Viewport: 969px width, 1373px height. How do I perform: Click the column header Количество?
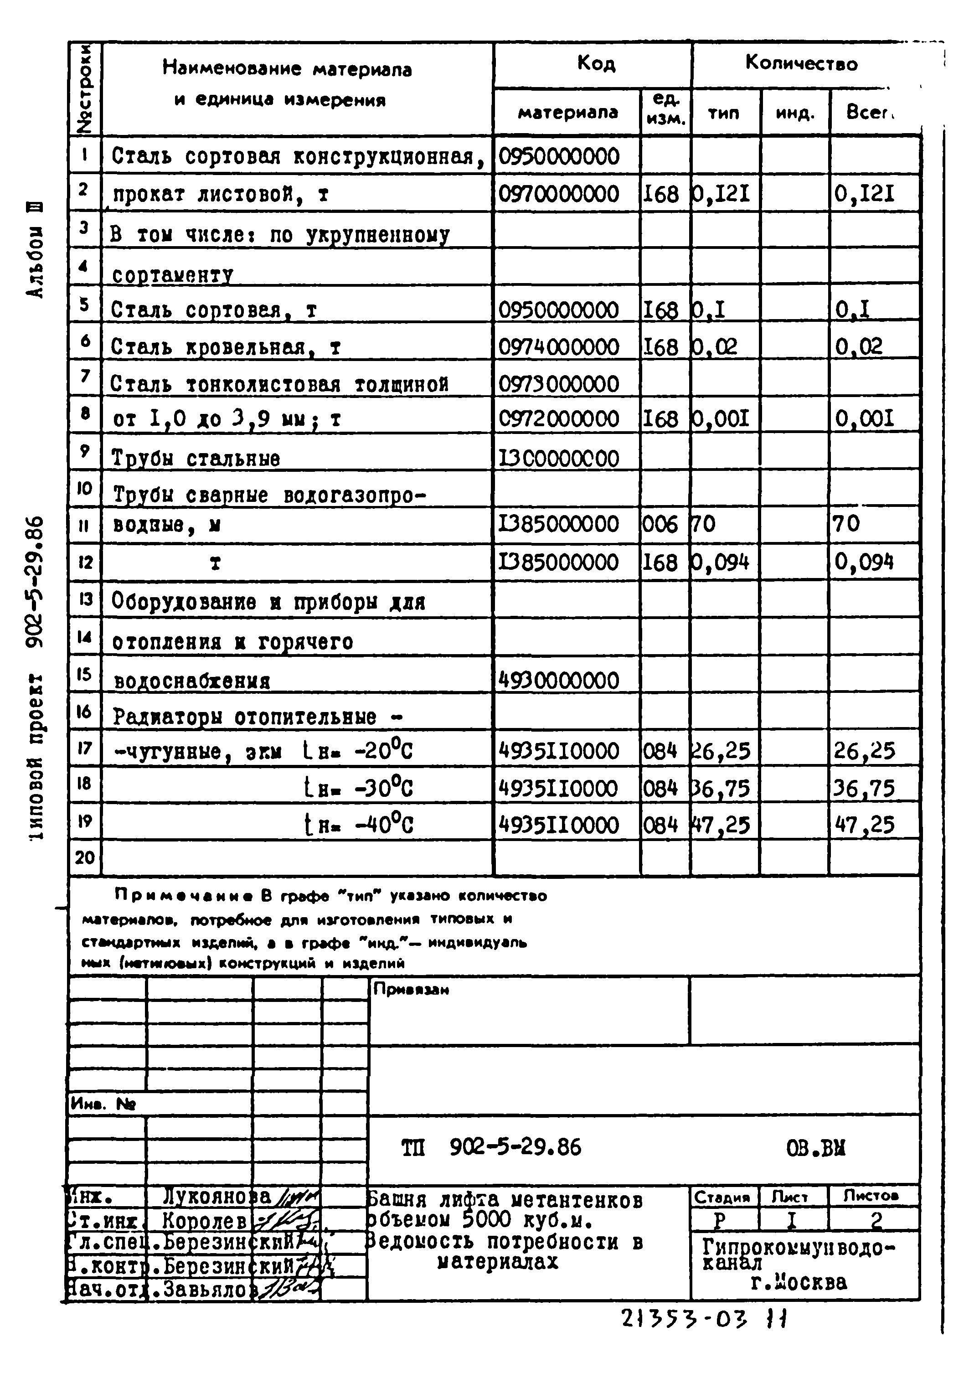click(800, 64)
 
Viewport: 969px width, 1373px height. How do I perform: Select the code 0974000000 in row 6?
click(558, 347)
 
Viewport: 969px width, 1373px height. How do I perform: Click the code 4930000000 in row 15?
click(558, 681)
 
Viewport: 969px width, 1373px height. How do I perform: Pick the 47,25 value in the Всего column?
click(864, 825)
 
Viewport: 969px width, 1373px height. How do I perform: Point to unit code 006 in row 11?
click(660, 524)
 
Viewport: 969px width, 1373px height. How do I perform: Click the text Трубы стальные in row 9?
click(196, 459)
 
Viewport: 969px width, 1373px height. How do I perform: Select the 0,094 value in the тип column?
click(721, 563)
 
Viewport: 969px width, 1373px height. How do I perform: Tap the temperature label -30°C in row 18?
click(382, 789)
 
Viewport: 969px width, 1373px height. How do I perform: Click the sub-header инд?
click(794, 113)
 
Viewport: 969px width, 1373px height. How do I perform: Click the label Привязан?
click(411, 990)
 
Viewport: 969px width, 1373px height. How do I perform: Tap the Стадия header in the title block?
click(722, 1197)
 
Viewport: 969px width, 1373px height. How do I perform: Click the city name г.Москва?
click(799, 1283)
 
